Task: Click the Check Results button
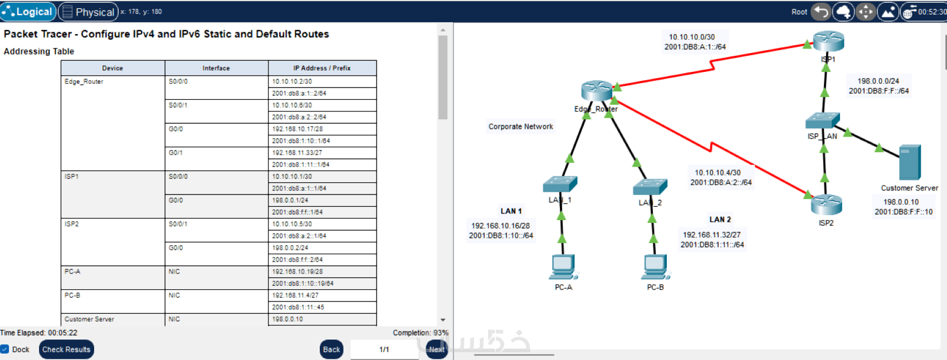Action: (x=66, y=349)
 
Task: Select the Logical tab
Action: (x=28, y=12)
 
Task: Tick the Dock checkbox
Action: (x=5, y=349)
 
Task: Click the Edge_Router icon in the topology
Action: (x=596, y=90)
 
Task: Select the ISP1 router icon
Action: (x=828, y=41)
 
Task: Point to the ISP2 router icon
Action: (x=826, y=205)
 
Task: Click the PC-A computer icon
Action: (x=563, y=267)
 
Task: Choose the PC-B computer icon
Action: (x=655, y=267)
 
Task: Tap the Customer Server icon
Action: (x=910, y=162)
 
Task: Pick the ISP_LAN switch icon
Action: (x=822, y=121)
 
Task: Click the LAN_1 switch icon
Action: (x=560, y=184)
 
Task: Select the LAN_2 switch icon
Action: (x=650, y=187)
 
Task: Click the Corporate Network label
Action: (x=521, y=127)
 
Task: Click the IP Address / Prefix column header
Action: (x=322, y=68)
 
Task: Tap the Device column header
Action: (x=113, y=68)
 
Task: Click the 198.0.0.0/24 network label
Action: (x=878, y=81)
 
